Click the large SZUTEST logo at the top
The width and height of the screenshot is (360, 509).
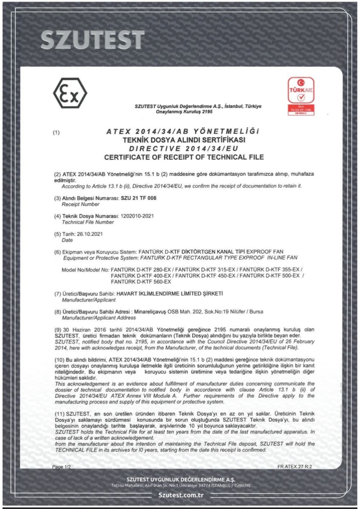92,40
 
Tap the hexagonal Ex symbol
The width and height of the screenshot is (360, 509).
70,93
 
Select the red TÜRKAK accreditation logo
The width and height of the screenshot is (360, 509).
301,96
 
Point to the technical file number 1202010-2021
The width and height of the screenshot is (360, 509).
137,216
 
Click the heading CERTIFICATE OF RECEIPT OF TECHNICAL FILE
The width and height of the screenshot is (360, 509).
184,157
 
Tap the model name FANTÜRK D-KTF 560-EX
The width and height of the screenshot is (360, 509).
141,281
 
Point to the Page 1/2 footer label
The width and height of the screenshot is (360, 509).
62,467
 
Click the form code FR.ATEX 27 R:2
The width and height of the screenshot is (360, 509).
294,467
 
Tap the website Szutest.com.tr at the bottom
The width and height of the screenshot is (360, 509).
181,495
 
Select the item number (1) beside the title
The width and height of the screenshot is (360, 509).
57,132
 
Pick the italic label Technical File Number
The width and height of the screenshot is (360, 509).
88,222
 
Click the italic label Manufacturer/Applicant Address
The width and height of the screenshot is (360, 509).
99,318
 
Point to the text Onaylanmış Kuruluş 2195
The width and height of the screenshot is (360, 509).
184,112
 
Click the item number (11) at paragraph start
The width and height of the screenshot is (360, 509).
60,414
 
